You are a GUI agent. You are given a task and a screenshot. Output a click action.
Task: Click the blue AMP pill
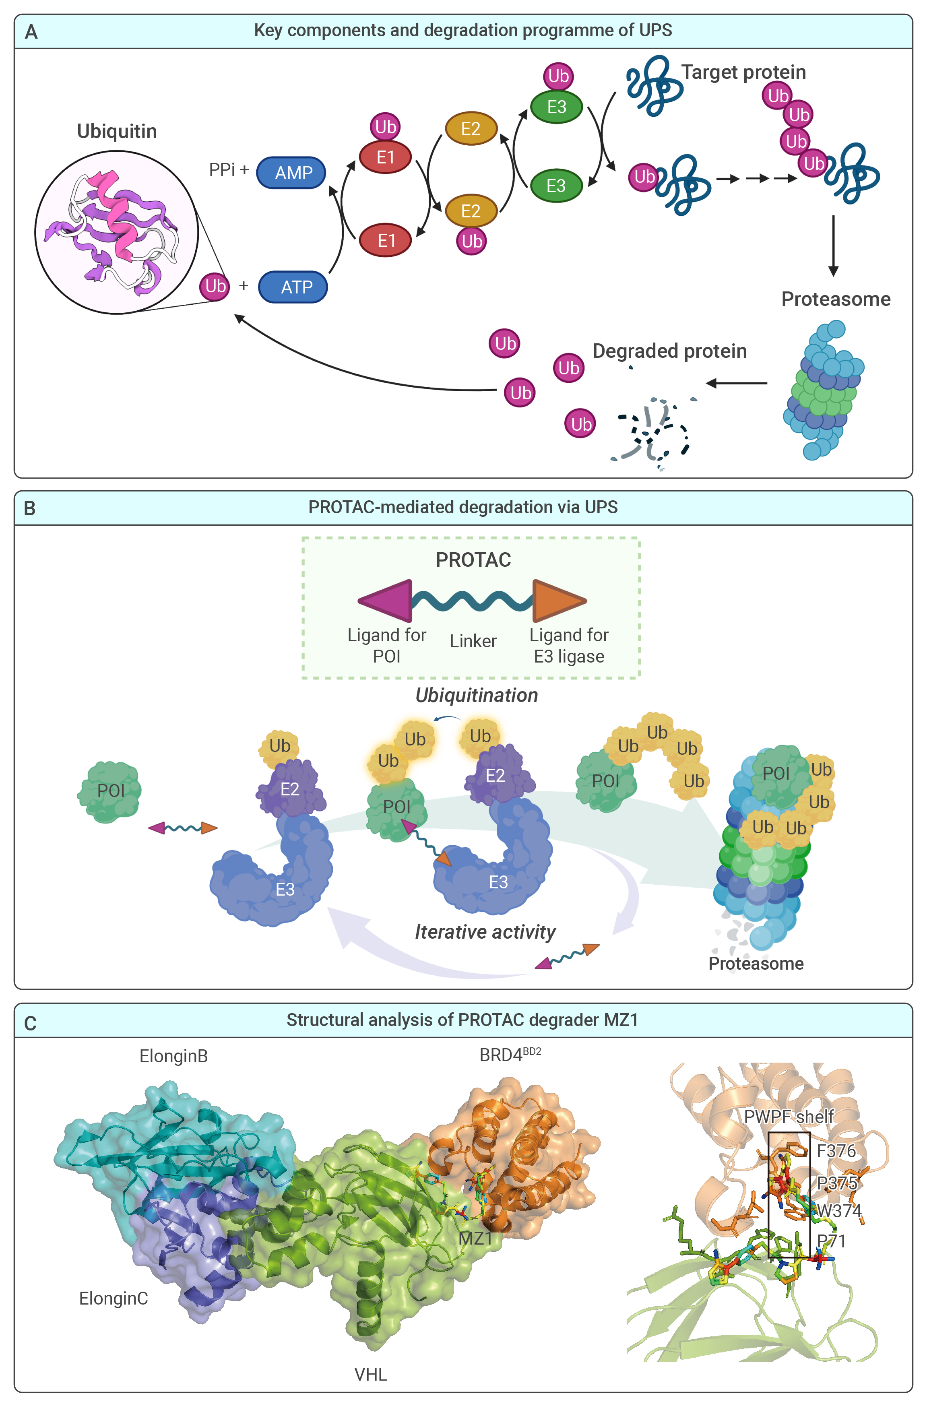pos(291,173)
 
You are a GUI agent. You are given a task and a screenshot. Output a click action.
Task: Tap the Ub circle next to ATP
pos(215,286)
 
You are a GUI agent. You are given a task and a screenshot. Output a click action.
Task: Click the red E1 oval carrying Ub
pos(385,157)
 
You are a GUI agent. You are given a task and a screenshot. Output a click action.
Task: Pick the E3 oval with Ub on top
pos(557,107)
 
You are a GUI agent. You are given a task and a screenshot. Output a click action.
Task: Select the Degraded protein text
pos(670,351)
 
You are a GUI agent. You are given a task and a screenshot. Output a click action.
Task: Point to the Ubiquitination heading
pos(477,695)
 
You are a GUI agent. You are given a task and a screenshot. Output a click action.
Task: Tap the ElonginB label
pos(173,1056)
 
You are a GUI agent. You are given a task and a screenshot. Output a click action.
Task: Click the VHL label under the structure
pos(370,1374)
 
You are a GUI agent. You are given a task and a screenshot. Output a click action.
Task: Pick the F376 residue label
pos(836,1151)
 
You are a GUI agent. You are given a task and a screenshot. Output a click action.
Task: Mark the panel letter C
pos(31,1024)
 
